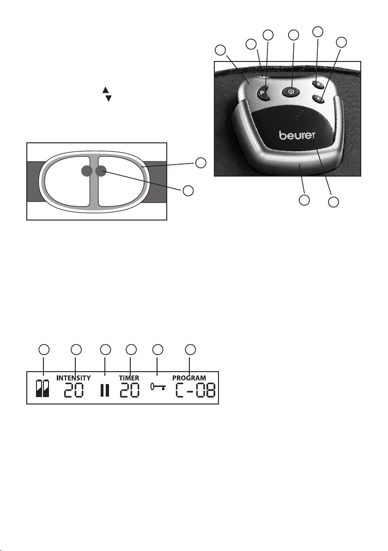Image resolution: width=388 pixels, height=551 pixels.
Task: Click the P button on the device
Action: [264, 92]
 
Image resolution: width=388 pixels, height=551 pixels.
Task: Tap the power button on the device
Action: [291, 91]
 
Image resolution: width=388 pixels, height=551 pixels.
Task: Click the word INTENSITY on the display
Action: [73, 378]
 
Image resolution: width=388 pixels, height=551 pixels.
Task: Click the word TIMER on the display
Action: [129, 378]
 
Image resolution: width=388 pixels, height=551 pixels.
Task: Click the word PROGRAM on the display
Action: [189, 378]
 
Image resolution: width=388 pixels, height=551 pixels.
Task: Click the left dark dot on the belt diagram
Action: [86, 171]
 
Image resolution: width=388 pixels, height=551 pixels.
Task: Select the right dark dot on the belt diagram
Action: [100, 171]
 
